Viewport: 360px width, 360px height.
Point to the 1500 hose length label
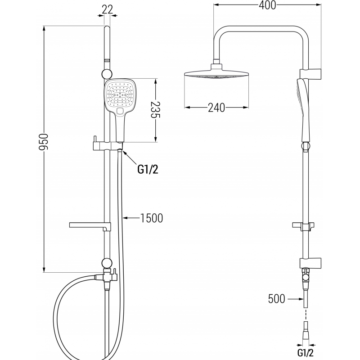click(x=151, y=218)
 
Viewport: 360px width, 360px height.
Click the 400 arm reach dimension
click(x=267, y=5)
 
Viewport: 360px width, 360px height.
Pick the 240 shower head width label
click(x=216, y=108)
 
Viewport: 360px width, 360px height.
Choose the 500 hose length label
click(x=276, y=298)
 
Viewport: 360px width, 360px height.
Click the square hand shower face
click(x=120, y=95)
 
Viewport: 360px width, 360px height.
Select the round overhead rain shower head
click(x=216, y=76)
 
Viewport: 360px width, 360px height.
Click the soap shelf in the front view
click(x=87, y=225)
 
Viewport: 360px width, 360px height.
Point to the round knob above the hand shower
click(x=107, y=74)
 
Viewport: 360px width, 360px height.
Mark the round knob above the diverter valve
click(x=107, y=263)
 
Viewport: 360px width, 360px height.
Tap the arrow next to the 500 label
click(x=295, y=298)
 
